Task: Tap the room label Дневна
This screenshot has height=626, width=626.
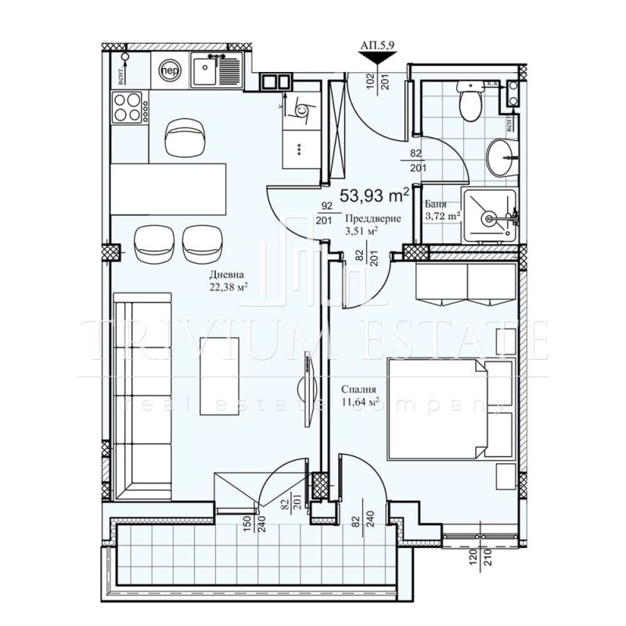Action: click(x=228, y=275)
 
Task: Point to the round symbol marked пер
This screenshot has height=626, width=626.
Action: click(x=168, y=69)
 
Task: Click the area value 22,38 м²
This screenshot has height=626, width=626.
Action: click(x=228, y=287)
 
